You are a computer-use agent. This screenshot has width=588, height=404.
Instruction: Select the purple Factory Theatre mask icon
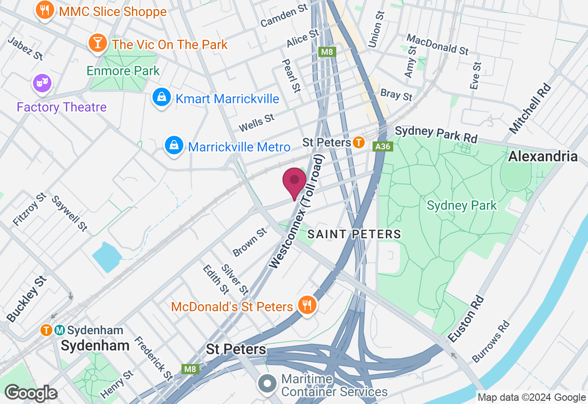(x=42, y=83)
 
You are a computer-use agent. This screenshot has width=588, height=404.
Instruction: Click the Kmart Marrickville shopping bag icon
(x=162, y=97)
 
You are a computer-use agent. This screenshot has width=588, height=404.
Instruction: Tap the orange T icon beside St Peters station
(x=359, y=143)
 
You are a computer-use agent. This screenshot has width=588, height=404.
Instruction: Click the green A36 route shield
(x=382, y=146)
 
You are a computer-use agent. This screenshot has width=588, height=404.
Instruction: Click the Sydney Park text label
(x=461, y=205)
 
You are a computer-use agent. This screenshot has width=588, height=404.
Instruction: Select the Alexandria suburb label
(x=543, y=157)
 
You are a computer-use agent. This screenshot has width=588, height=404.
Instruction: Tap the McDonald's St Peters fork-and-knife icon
(x=306, y=305)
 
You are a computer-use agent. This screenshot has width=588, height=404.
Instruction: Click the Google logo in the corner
(x=31, y=393)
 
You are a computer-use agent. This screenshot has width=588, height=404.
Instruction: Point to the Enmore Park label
(x=123, y=71)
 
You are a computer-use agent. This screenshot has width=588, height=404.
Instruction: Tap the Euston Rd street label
(x=466, y=320)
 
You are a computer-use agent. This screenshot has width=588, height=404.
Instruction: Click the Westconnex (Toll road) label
(x=297, y=212)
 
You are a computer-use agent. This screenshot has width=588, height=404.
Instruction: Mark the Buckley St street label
(x=27, y=299)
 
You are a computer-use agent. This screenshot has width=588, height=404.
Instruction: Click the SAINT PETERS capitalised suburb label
(x=354, y=234)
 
